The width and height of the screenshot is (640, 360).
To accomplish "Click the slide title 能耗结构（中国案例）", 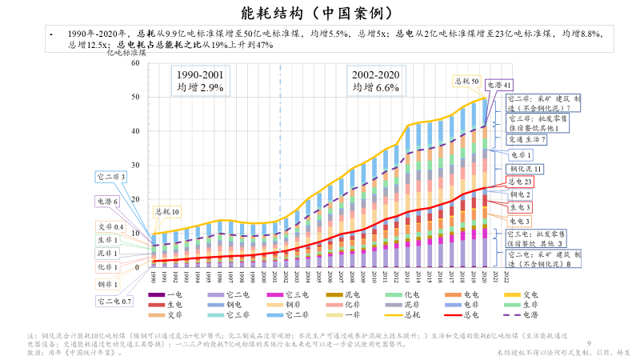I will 320,14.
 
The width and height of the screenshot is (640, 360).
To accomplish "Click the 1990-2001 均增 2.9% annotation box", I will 200,80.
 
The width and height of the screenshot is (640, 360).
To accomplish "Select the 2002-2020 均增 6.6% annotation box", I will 375,80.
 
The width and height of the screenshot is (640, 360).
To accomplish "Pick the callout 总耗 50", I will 467,81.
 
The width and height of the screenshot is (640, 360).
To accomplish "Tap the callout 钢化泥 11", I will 526,169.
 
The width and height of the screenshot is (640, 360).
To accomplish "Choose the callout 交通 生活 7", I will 527,139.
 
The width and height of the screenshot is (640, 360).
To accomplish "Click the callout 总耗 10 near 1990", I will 167,212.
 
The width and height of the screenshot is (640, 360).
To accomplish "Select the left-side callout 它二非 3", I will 110,176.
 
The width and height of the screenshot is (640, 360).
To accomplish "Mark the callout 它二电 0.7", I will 114,302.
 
